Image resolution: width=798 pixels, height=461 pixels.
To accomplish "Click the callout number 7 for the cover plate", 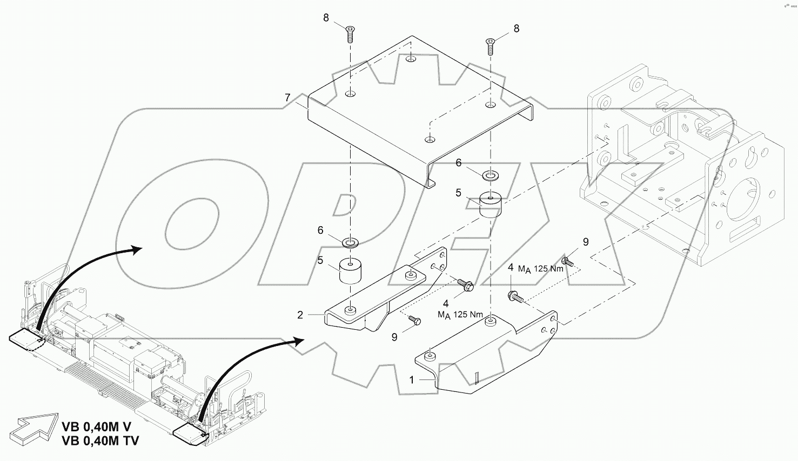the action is coord(287,97).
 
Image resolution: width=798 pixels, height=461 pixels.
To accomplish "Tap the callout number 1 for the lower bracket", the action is coord(412,380).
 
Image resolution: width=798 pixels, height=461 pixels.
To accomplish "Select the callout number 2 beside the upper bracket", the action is coord(300,315).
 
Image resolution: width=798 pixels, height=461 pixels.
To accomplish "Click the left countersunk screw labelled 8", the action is coord(351,35).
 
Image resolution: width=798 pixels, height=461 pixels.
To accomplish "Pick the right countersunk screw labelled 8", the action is coord(491,46).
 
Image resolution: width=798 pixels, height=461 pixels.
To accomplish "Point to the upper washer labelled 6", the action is coord(491,175).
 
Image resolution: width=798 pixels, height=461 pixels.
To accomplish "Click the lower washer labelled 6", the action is coord(351,243).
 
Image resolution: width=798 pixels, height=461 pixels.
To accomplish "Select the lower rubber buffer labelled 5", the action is coord(350,271).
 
